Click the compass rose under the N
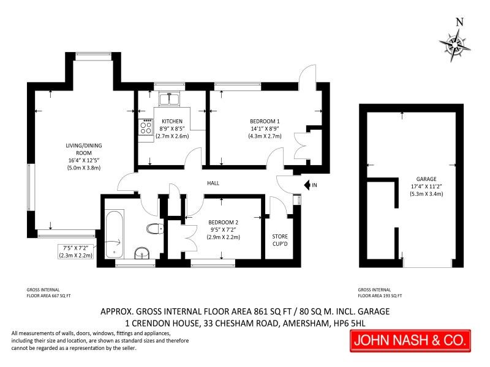[x=454, y=45]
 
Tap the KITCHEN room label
[x=172, y=121]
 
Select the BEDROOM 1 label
[x=265, y=121]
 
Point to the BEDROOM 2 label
[x=223, y=222]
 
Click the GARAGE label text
[x=426, y=179]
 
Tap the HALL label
[x=213, y=183]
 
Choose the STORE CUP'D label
[x=280, y=240]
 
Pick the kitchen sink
[x=169, y=99]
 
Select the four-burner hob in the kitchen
[x=146, y=127]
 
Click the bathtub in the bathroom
[x=115, y=234]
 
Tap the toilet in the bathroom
[x=155, y=229]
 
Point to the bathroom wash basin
[x=142, y=253]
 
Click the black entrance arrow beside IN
[x=307, y=185]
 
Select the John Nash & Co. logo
[x=410, y=341]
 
